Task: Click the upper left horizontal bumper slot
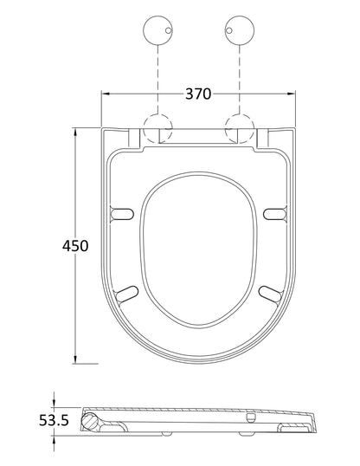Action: (x=125, y=214)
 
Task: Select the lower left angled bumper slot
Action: (x=128, y=292)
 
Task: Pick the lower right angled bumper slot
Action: (x=270, y=292)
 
